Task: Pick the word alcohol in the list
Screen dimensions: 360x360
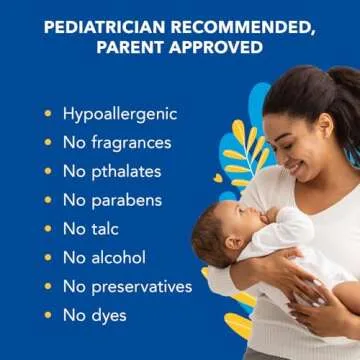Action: pos(120,258)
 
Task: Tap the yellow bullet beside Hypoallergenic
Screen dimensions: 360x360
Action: pos(47,113)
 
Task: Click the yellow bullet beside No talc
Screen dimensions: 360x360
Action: pos(47,229)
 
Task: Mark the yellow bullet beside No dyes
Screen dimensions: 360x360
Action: pos(47,315)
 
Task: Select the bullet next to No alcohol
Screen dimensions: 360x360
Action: pos(47,258)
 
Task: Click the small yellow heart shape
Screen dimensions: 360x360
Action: pos(218,178)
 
